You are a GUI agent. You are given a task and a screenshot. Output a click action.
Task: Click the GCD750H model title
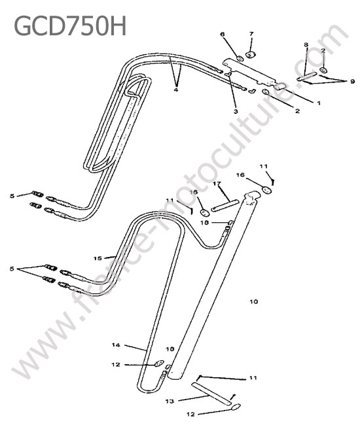click(x=70, y=25)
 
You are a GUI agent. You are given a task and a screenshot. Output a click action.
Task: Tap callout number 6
click(x=223, y=34)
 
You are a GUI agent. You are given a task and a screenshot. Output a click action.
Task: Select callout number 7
click(x=251, y=34)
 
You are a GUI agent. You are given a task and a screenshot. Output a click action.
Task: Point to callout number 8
click(x=306, y=44)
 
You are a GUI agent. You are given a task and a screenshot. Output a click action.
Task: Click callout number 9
click(x=352, y=81)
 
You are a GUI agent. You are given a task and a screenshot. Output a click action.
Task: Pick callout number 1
click(x=319, y=103)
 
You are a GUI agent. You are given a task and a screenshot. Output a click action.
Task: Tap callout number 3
click(x=236, y=111)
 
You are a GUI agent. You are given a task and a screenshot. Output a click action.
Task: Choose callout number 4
click(x=176, y=90)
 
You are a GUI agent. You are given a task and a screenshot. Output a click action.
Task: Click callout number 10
click(x=254, y=301)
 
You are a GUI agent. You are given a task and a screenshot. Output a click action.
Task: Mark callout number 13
click(x=170, y=401)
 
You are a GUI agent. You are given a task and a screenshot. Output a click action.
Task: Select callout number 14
click(x=116, y=345)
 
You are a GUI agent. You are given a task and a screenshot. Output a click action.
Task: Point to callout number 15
click(x=98, y=258)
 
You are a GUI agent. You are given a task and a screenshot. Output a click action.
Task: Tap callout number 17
click(x=217, y=184)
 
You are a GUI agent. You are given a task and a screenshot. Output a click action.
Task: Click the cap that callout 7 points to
click(x=251, y=54)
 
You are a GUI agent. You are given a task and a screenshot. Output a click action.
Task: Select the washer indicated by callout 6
click(x=240, y=59)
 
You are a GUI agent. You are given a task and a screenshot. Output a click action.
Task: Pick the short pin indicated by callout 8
click(x=307, y=76)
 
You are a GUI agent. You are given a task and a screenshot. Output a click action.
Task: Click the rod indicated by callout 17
click(x=225, y=206)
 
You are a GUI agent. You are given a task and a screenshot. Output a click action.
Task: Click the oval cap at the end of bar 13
click(x=235, y=406)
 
